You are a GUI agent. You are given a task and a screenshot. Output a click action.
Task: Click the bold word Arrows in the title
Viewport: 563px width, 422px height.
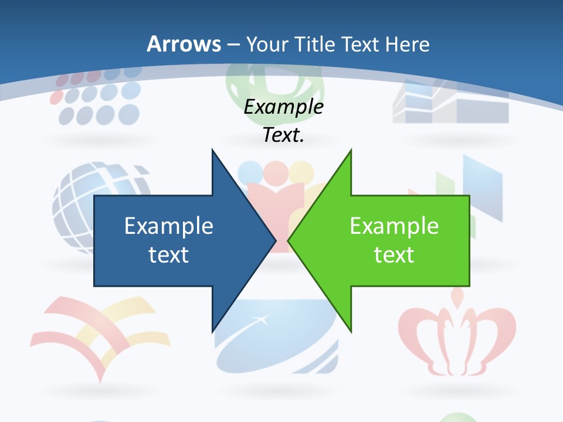point(184,44)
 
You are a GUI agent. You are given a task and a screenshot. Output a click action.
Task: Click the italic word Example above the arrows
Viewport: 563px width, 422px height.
point(283,107)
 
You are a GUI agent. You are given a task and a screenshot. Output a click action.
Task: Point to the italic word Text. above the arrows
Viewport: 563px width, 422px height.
point(283,135)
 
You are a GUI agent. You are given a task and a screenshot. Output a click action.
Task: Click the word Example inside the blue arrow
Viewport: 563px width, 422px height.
point(169,226)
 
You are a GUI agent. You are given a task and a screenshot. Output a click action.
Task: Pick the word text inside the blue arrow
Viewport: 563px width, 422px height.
point(169,254)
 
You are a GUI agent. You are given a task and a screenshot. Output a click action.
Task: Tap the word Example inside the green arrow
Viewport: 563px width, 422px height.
point(394,226)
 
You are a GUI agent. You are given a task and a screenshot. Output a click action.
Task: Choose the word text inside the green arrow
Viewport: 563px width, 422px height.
point(394,254)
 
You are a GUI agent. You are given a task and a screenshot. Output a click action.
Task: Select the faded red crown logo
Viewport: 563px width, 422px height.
point(457,334)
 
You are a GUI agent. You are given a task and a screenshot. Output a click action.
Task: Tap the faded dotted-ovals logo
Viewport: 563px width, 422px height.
point(97,100)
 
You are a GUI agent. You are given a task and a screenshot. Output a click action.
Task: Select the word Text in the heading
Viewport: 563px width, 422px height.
point(361,44)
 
